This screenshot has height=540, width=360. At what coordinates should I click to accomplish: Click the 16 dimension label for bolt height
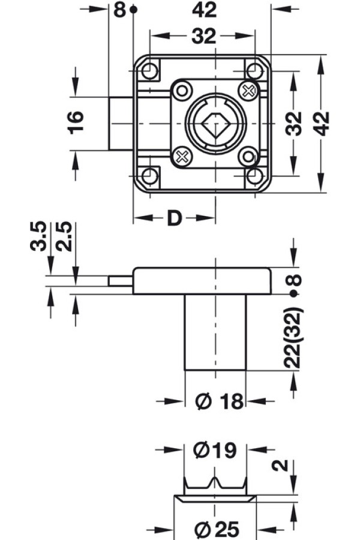pos(77,122)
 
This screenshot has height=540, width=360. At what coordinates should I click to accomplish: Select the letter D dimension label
pos(174,218)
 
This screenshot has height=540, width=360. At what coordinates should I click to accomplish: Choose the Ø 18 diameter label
pos(220,401)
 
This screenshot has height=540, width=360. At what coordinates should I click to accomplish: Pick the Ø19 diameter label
pos(216,449)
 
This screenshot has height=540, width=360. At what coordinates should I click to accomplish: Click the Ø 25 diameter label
pos(217,530)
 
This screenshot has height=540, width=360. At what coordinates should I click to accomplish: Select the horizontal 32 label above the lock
pos(203,37)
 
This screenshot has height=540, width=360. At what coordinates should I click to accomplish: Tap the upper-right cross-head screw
pos(247,91)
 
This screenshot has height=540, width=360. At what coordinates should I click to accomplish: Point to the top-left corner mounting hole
pos(150,72)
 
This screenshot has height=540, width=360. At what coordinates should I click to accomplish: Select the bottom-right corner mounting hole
pos(255,176)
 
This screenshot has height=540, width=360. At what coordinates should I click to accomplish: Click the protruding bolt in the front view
pos(120,124)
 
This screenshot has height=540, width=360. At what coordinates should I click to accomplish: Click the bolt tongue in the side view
pos(120,281)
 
